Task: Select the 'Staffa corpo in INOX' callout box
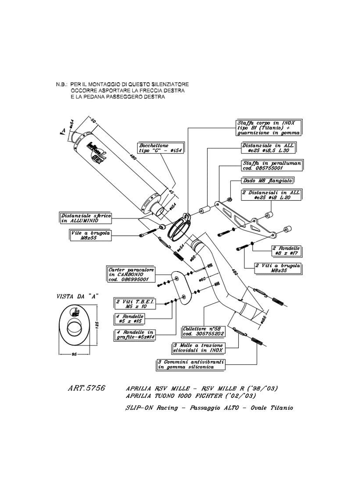tap(268, 127)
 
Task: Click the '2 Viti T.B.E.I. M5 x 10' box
tap(129, 304)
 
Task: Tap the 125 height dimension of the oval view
tap(99, 326)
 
